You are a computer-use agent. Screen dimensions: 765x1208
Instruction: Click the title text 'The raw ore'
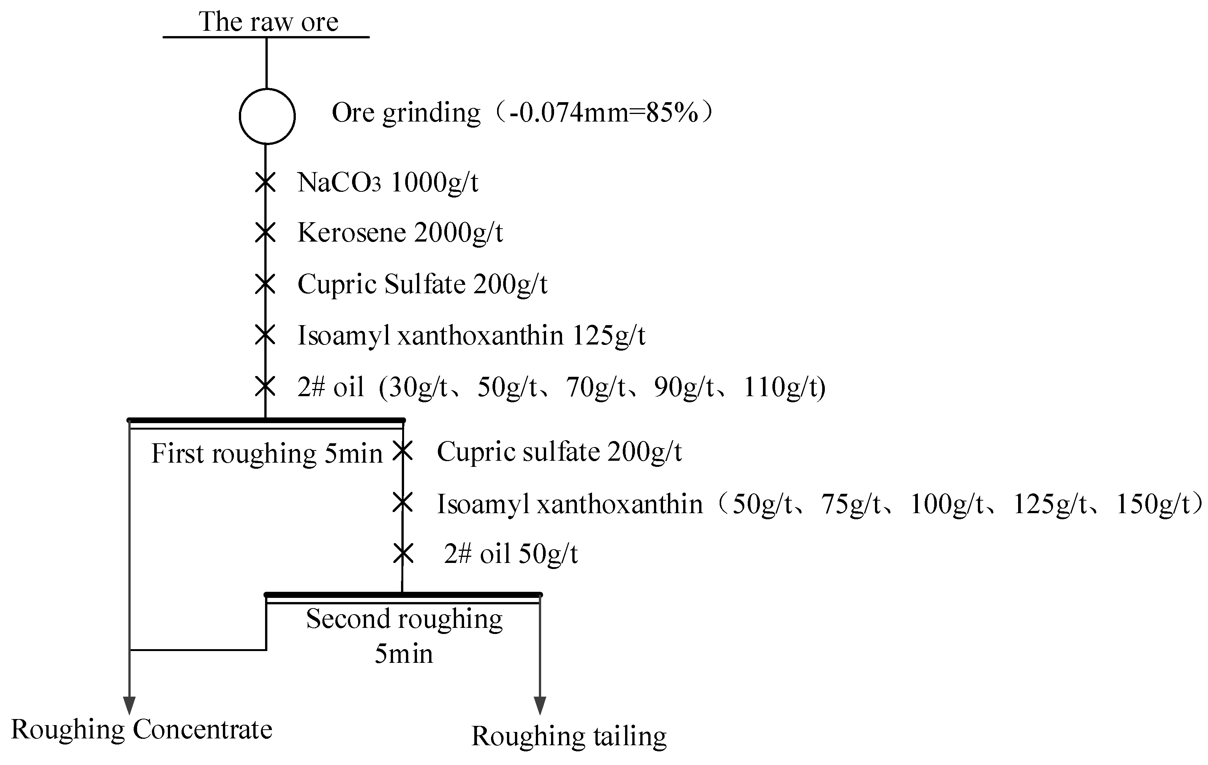click(268, 22)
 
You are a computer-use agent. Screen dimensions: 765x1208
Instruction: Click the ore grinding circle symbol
click(267, 116)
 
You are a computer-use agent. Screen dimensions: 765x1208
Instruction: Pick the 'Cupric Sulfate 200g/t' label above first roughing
click(422, 285)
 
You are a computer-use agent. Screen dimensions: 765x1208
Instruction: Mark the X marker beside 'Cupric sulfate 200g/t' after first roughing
click(402, 450)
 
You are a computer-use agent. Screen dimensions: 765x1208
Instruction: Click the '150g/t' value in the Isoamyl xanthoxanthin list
click(1153, 504)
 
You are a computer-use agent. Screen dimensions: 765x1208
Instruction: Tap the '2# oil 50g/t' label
click(511, 554)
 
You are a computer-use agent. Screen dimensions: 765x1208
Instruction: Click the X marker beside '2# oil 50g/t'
click(402, 554)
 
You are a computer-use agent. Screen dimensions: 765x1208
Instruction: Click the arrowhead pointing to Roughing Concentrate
click(130, 705)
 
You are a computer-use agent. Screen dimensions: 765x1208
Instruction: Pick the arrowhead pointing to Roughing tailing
click(540, 705)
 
